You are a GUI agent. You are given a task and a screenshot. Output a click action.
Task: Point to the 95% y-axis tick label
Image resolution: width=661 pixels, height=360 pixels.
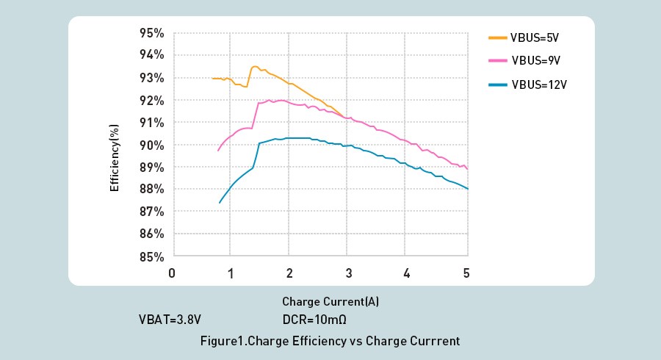click(152, 33)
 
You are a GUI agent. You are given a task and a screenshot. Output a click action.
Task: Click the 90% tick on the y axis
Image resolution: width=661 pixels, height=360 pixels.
click(152, 145)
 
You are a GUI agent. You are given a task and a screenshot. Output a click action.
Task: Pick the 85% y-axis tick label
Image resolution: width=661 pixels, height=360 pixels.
click(152, 257)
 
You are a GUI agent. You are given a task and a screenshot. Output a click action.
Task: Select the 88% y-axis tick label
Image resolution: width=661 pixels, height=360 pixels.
click(152, 190)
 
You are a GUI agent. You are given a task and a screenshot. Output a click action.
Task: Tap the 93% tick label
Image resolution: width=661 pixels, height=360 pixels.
click(152, 78)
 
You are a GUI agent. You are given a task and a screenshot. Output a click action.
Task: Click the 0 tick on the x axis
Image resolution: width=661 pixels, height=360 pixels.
click(172, 273)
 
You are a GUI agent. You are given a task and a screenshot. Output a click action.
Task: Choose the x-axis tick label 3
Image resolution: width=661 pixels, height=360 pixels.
click(349, 273)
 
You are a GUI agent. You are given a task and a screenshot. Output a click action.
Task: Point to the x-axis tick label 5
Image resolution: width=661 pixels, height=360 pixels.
click(466, 273)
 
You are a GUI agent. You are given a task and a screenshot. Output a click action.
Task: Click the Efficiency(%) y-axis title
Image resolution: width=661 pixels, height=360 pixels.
click(115, 158)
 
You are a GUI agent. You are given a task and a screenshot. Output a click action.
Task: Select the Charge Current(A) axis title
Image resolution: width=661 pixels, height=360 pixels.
click(330, 302)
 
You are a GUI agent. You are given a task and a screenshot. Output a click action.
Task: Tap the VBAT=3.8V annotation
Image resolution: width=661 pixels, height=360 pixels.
click(170, 320)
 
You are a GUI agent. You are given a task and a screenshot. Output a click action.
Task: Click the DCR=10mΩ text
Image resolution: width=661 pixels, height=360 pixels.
click(314, 320)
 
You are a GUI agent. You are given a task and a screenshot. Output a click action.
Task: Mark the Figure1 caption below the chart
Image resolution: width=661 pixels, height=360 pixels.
click(330, 341)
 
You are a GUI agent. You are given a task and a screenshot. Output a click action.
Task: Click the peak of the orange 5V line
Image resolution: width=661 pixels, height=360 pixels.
click(254, 67)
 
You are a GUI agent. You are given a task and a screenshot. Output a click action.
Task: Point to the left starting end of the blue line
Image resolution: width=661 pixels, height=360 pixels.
click(220, 202)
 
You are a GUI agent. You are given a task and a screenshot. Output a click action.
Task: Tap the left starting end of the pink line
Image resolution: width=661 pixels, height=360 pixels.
click(218, 150)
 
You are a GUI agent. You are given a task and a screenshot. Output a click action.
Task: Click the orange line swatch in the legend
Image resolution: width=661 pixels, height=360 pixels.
click(497, 37)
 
